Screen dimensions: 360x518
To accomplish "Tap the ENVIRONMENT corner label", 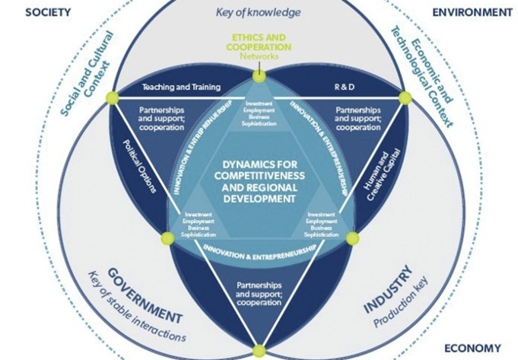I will point(472,12).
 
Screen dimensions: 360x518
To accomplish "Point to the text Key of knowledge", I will point(259,12).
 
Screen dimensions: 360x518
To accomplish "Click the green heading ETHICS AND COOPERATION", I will point(259,41).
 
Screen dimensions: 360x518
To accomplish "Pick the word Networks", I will point(259,56).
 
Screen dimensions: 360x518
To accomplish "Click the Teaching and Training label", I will point(181,87).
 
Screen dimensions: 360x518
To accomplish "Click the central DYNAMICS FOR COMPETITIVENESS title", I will point(259,180).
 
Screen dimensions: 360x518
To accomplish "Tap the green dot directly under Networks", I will point(259,75).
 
